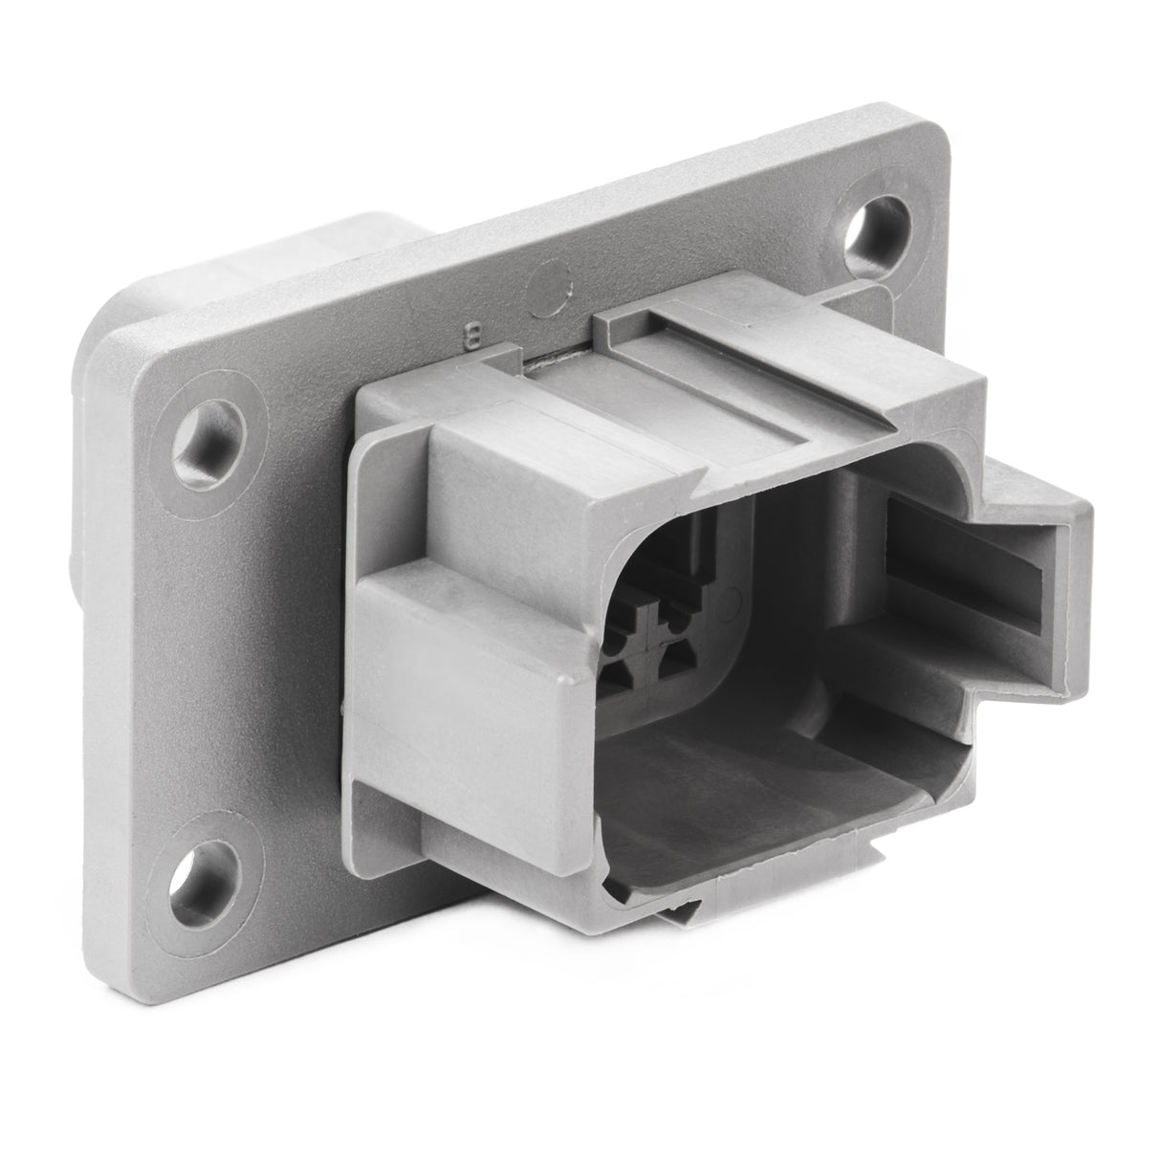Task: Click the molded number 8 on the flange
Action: point(471,335)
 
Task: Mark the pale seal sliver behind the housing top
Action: point(555,361)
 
